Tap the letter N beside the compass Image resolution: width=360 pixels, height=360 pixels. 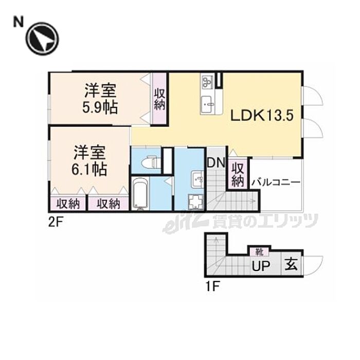point(19,23)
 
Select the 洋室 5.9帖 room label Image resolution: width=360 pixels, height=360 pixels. point(100,99)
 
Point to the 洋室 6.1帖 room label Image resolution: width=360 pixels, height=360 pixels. point(89,160)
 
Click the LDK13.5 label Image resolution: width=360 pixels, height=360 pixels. point(262,116)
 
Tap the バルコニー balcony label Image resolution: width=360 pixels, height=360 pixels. point(276,183)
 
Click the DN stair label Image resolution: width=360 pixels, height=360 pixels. point(216,163)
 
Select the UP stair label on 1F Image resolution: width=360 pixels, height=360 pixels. point(261,266)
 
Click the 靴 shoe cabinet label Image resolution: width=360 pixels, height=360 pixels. point(259,253)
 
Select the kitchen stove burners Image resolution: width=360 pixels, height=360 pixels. point(208,81)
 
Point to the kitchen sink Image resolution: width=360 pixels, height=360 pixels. point(208,104)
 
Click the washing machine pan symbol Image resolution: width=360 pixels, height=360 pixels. point(196,202)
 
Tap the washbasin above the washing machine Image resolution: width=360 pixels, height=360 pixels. point(197,179)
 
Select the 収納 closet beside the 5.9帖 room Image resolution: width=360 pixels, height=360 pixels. point(159,99)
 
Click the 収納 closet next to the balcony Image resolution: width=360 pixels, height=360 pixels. point(238,174)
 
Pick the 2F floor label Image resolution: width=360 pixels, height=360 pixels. point(55,222)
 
